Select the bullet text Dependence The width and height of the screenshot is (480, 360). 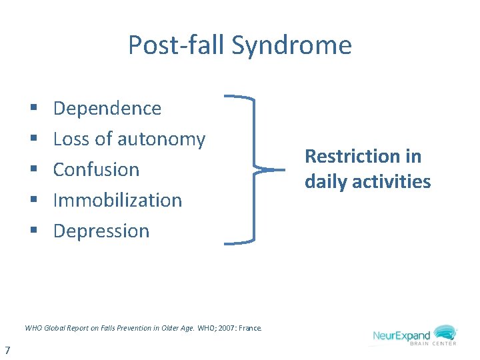tap(107, 108)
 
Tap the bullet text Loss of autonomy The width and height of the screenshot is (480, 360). tap(129, 139)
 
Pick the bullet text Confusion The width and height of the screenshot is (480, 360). tap(96, 169)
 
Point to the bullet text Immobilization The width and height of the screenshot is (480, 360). tap(117, 200)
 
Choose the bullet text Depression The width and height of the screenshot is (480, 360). tap(101, 231)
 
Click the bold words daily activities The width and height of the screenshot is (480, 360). tap(368, 181)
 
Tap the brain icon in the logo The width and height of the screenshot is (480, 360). tap(445, 332)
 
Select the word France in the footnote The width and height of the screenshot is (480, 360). tap(251, 328)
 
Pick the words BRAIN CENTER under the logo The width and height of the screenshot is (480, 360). tap(435, 344)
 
